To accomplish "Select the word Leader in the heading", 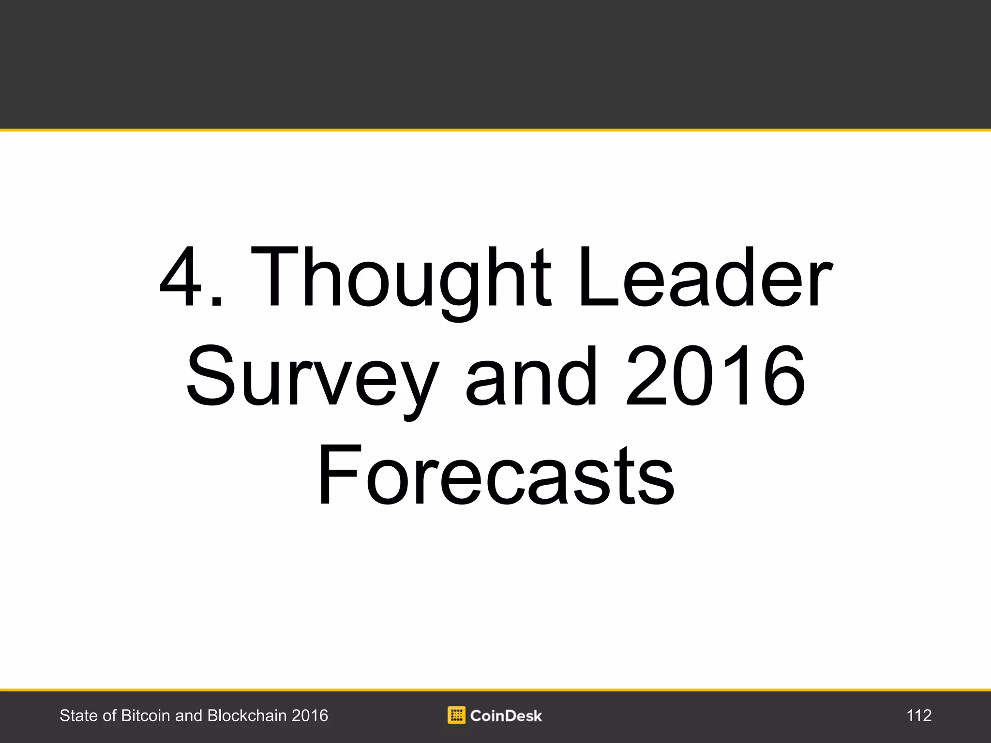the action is [706, 277].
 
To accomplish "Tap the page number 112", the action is [919, 715].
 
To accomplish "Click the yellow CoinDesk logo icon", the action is [456, 715].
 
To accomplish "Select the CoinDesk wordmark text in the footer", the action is [506, 716].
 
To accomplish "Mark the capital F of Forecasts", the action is [339, 475].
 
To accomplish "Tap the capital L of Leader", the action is [600, 277].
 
